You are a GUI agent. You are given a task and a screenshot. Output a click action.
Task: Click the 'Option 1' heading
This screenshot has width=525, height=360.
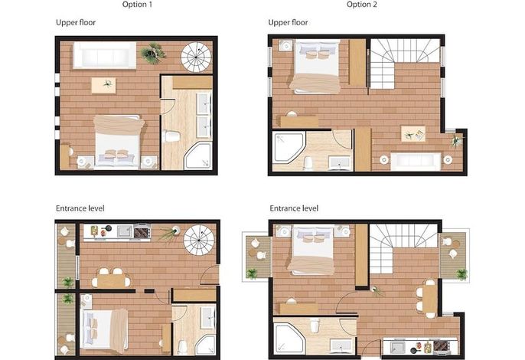click(137, 5)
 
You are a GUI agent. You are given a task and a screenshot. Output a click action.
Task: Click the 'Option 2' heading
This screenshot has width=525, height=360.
click(361, 5)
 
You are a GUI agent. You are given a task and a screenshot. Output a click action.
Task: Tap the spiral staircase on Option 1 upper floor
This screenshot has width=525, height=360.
click(196, 57)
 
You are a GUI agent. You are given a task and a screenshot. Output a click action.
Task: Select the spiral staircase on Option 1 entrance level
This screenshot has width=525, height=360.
click(199, 240)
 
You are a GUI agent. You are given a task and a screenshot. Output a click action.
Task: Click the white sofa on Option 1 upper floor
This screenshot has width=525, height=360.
click(105, 55)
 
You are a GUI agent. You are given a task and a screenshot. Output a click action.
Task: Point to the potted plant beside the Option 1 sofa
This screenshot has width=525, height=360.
click(153, 53)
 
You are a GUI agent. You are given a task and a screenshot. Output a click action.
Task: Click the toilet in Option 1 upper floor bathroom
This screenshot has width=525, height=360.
click(171, 136)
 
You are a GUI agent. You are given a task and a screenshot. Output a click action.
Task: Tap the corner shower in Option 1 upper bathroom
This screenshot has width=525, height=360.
click(198, 155)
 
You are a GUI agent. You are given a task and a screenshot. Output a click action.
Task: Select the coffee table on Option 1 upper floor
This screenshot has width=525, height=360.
click(104, 85)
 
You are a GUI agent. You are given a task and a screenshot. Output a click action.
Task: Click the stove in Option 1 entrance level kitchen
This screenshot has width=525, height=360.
click(142, 231)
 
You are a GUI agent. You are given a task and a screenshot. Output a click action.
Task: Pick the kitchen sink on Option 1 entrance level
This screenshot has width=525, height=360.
click(125, 231)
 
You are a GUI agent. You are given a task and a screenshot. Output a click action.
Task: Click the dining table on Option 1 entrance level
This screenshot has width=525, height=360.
click(111, 280)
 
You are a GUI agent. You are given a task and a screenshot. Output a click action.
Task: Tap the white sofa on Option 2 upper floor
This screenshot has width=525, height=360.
click(416, 162)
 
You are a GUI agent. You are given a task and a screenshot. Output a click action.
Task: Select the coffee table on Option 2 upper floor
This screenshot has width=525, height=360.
click(413, 134)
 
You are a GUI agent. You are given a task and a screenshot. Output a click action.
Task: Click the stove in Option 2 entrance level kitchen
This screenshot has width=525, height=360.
click(441, 348)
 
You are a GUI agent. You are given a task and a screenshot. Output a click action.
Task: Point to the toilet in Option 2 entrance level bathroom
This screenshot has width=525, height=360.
click(315, 325)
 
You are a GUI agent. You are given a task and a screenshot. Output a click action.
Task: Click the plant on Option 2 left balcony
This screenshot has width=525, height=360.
click(252, 274)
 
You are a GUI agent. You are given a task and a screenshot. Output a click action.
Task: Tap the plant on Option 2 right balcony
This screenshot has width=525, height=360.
click(461, 274)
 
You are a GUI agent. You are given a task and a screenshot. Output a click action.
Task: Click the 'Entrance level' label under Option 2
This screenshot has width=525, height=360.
click(294, 208)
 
